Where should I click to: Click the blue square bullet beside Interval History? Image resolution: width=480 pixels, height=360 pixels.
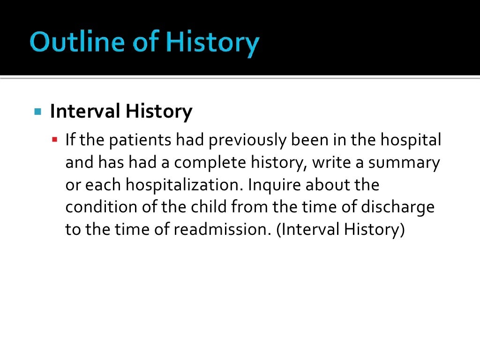pyautogui.click(x=38, y=112)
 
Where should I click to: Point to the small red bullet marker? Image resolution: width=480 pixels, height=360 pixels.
pyautogui.click(x=55, y=139)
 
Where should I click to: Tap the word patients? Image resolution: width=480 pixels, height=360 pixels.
pyautogui.click(x=143, y=140)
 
